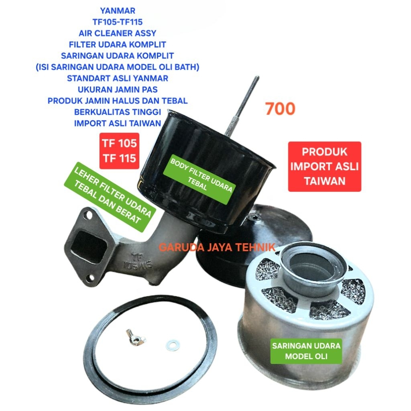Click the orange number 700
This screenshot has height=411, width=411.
pos(280,109)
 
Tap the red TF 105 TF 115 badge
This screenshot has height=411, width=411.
pos(119,151)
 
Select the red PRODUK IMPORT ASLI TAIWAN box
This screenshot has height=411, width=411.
pos(324,167)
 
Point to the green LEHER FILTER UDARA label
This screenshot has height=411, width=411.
pos(108,197)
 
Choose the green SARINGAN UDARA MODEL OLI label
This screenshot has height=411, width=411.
pos(306,351)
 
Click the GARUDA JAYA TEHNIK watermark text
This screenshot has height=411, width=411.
pos(217,247)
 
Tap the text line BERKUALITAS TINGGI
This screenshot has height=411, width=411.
pos(118,112)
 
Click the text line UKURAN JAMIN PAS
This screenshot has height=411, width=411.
pos(118,90)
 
